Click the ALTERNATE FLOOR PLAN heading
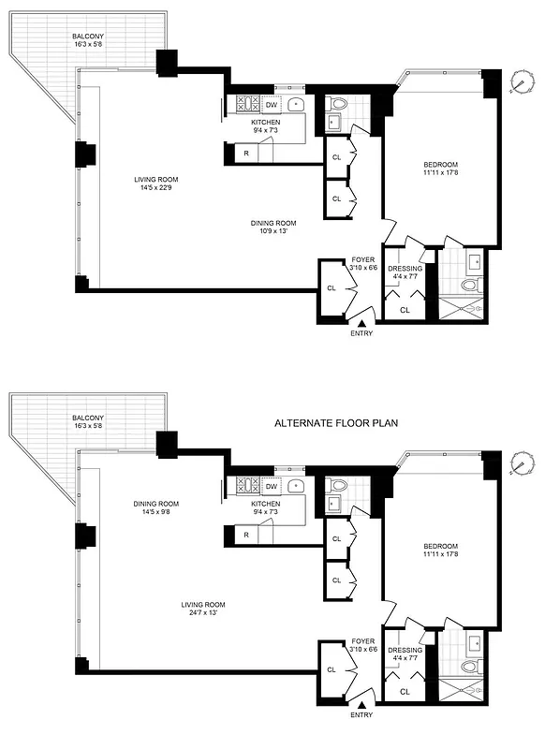(x=336, y=423)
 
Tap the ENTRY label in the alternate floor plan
(x=361, y=714)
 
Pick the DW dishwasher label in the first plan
(x=271, y=106)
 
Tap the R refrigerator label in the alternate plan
(x=245, y=535)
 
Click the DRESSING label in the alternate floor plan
(x=405, y=650)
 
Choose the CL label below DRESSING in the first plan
(x=405, y=310)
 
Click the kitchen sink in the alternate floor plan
(x=295, y=486)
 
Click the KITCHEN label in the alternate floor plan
(x=266, y=504)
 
